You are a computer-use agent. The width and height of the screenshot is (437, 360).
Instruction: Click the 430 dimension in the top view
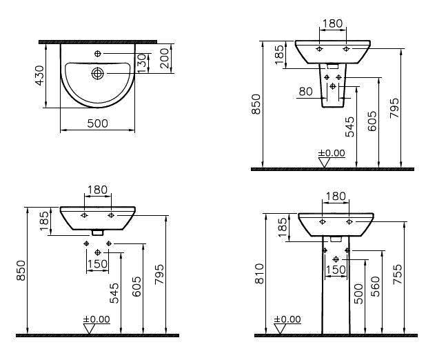coord(40,75)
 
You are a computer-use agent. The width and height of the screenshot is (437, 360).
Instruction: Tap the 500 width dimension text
coord(98,123)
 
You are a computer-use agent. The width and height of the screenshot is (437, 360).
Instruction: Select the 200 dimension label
coord(165,59)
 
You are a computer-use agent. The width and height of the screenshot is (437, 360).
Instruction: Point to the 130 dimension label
coord(142,63)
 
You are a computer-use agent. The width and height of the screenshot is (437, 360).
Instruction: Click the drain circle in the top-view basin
coord(98,73)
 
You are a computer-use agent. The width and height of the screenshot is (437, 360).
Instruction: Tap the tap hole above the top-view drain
coord(98,54)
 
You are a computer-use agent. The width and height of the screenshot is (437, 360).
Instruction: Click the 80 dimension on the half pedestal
coord(306,91)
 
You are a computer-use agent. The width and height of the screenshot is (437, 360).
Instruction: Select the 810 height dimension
coord(259,274)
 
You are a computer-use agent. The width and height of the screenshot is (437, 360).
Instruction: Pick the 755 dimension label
coord(398,274)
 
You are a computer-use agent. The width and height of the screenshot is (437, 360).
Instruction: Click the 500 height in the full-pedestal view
coord(359,294)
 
